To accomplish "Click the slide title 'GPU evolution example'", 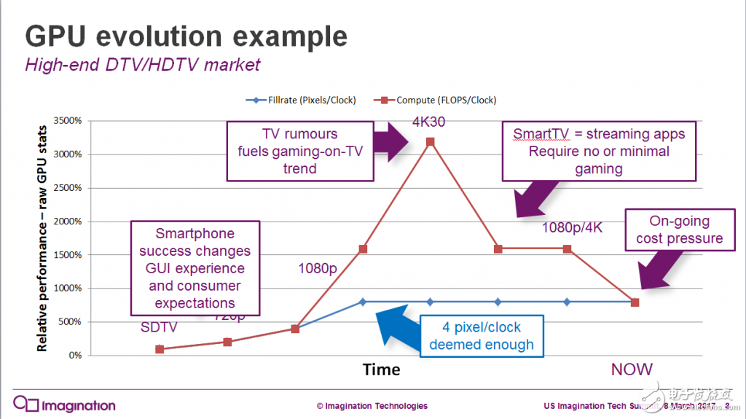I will click(186, 36).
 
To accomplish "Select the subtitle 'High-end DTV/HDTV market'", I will click(142, 65).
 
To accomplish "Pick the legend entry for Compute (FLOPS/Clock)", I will click(440, 100).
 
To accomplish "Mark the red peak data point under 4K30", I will click(430, 141).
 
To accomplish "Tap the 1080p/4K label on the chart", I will click(573, 228).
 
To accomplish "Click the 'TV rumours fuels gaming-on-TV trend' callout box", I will click(299, 152).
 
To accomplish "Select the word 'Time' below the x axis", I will click(382, 369).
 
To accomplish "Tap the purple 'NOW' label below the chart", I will click(632, 369).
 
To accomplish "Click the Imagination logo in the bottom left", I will click(64, 405).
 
